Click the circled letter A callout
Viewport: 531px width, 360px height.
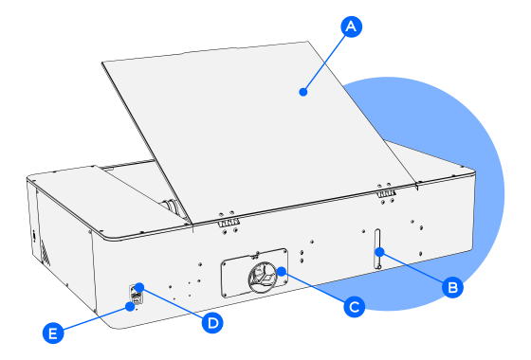[351, 27]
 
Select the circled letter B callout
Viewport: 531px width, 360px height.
[453, 287]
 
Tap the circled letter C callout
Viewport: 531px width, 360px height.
[355, 307]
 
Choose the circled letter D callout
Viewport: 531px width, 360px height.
[212, 323]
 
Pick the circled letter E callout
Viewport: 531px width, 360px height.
[53, 333]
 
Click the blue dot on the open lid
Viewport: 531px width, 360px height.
[303, 92]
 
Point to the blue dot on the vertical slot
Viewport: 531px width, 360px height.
[379, 252]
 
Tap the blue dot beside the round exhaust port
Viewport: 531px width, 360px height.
[281, 271]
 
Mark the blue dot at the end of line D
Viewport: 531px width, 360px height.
[139, 287]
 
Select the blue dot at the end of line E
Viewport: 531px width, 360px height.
[129, 307]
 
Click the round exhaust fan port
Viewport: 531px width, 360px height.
[263, 277]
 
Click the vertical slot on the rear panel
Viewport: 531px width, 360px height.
[377, 249]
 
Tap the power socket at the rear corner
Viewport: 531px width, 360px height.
[137, 295]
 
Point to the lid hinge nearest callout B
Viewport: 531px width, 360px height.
[387, 193]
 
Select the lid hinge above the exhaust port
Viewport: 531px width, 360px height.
[229, 223]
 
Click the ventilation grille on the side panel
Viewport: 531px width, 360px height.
[46, 252]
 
